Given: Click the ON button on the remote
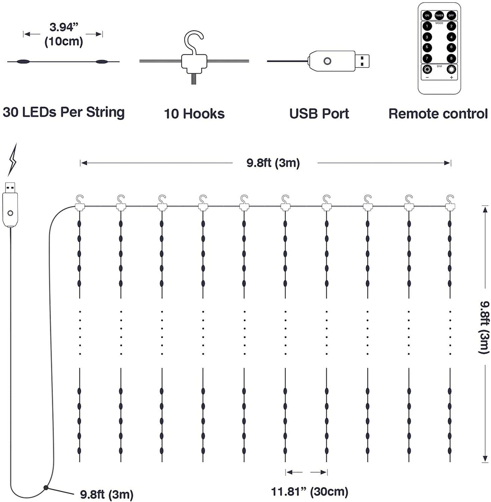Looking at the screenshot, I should (x=427, y=15).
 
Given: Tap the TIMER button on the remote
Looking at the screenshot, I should (x=439, y=15).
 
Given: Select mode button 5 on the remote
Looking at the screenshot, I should (x=427, y=47).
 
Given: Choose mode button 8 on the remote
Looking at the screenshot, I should (x=451, y=58).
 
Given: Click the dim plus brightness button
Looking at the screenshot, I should (x=451, y=70).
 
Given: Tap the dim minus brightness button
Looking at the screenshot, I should (x=427, y=70).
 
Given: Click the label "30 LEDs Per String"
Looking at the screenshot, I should (x=64, y=112).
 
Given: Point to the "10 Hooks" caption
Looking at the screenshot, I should (x=194, y=114).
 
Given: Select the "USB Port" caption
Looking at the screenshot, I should (x=319, y=114).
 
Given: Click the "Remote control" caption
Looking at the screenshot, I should (x=438, y=114).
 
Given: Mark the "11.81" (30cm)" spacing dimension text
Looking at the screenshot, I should (x=309, y=491).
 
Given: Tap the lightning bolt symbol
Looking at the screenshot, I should (x=13, y=160).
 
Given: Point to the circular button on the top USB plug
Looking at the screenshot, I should (x=327, y=61).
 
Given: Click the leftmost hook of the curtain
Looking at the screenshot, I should (x=80, y=202).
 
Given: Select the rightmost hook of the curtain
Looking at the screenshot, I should (x=450, y=202).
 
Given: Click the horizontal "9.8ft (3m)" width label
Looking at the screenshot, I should (x=273, y=163).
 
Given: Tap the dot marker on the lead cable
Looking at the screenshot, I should (x=46, y=488).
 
